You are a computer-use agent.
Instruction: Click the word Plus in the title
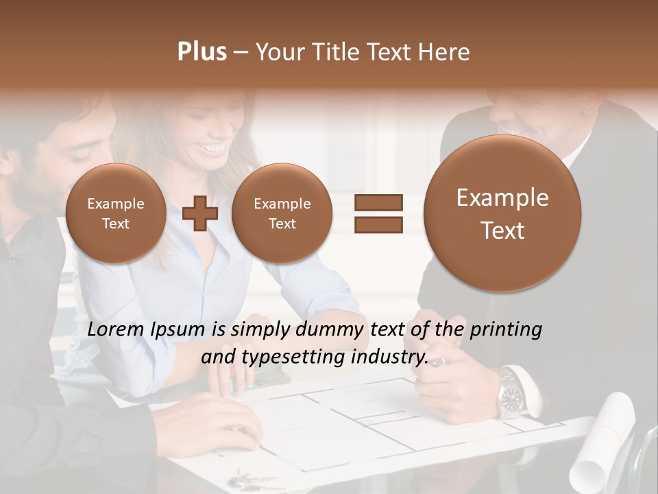coord(202,51)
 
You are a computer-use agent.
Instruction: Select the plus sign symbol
coord(200,213)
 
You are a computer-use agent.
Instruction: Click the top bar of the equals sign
coord(378,202)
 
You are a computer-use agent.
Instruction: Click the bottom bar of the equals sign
coord(378,224)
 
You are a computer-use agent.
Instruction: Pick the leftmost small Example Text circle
coord(116,213)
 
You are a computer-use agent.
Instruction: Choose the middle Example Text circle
coord(282,213)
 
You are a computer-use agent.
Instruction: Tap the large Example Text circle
coord(502,213)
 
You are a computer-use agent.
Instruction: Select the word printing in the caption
coord(505,329)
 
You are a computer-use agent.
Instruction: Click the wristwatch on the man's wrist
coord(511,395)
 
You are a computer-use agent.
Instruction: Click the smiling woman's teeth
coord(215,148)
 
